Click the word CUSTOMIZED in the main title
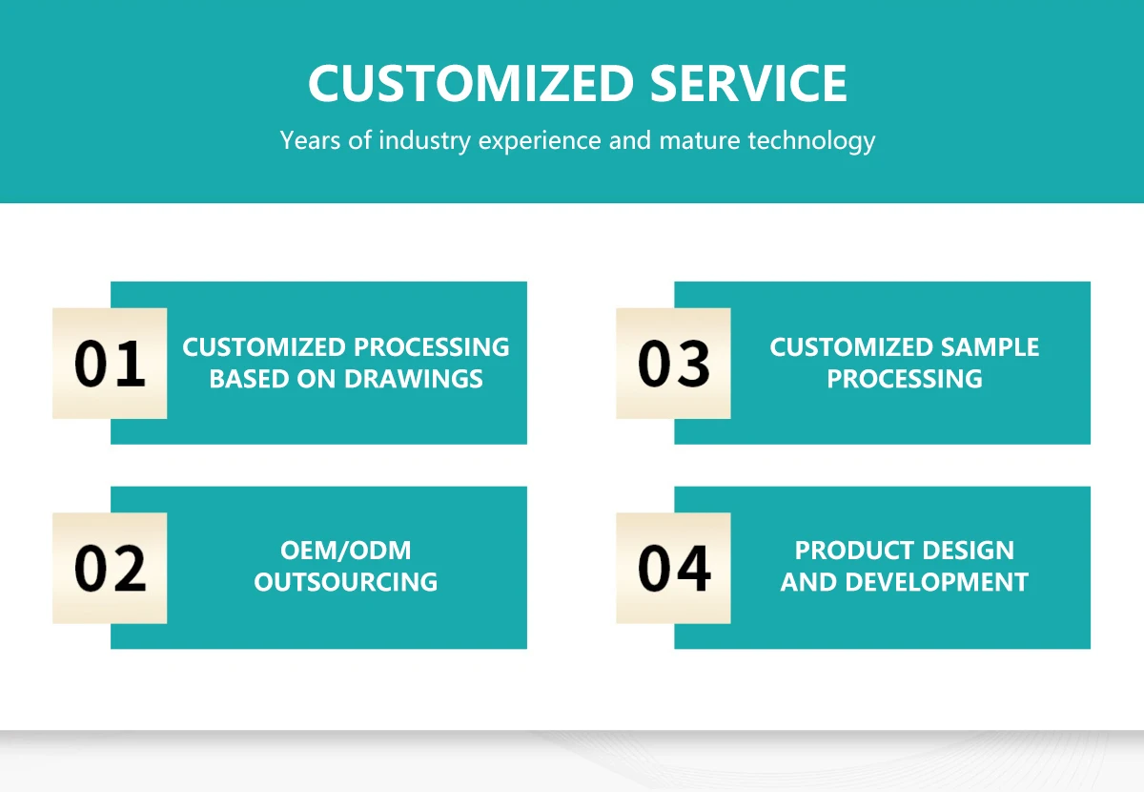(471, 83)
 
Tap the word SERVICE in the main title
(748, 83)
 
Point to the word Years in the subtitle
(310, 140)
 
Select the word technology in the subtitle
(811, 141)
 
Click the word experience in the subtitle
(540, 141)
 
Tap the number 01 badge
(110, 364)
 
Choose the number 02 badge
(110, 568)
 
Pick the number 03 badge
(673, 364)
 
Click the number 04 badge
(673, 568)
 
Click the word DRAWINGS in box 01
(413, 379)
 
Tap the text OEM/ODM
(346, 551)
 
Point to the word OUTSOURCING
(346, 582)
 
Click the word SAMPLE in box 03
(990, 347)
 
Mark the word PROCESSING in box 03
(905, 379)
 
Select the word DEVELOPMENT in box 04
(936, 582)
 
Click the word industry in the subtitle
(425, 141)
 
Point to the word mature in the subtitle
(700, 141)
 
